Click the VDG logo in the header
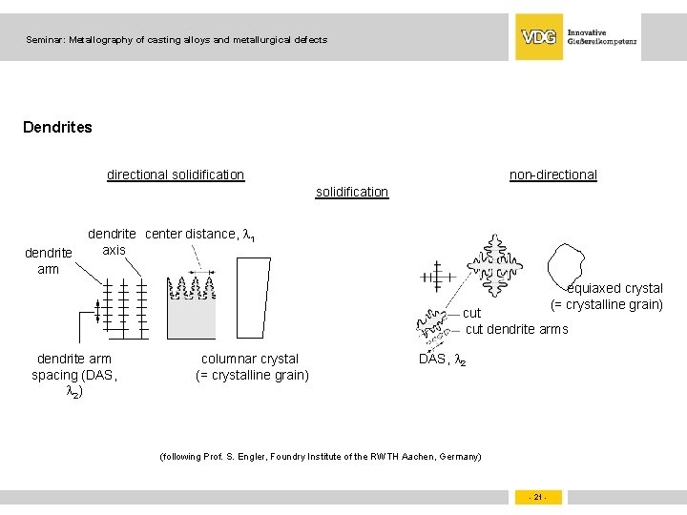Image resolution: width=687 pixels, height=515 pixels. click(x=539, y=37)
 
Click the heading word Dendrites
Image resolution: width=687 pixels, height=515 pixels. click(x=57, y=127)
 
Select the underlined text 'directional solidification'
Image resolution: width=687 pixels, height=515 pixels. click(x=176, y=175)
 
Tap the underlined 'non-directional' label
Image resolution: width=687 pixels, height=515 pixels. click(x=552, y=175)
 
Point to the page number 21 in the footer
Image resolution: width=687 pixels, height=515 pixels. click(x=538, y=497)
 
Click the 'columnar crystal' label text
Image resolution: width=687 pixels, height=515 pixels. click(x=250, y=359)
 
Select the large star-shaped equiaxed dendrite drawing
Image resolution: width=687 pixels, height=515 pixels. click(x=495, y=265)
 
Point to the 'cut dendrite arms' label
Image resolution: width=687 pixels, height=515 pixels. click(x=516, y=329)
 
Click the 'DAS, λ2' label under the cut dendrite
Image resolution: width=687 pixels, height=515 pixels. click(x=442, y=359)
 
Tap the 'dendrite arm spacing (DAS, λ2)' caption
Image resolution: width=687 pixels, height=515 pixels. click(x=74, y=375)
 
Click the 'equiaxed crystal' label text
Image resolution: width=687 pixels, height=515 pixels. click(x=614, y=288)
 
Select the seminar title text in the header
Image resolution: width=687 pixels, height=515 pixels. click(x=177, y=40)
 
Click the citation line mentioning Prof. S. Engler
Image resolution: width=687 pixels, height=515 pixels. click(x=321, y=457)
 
